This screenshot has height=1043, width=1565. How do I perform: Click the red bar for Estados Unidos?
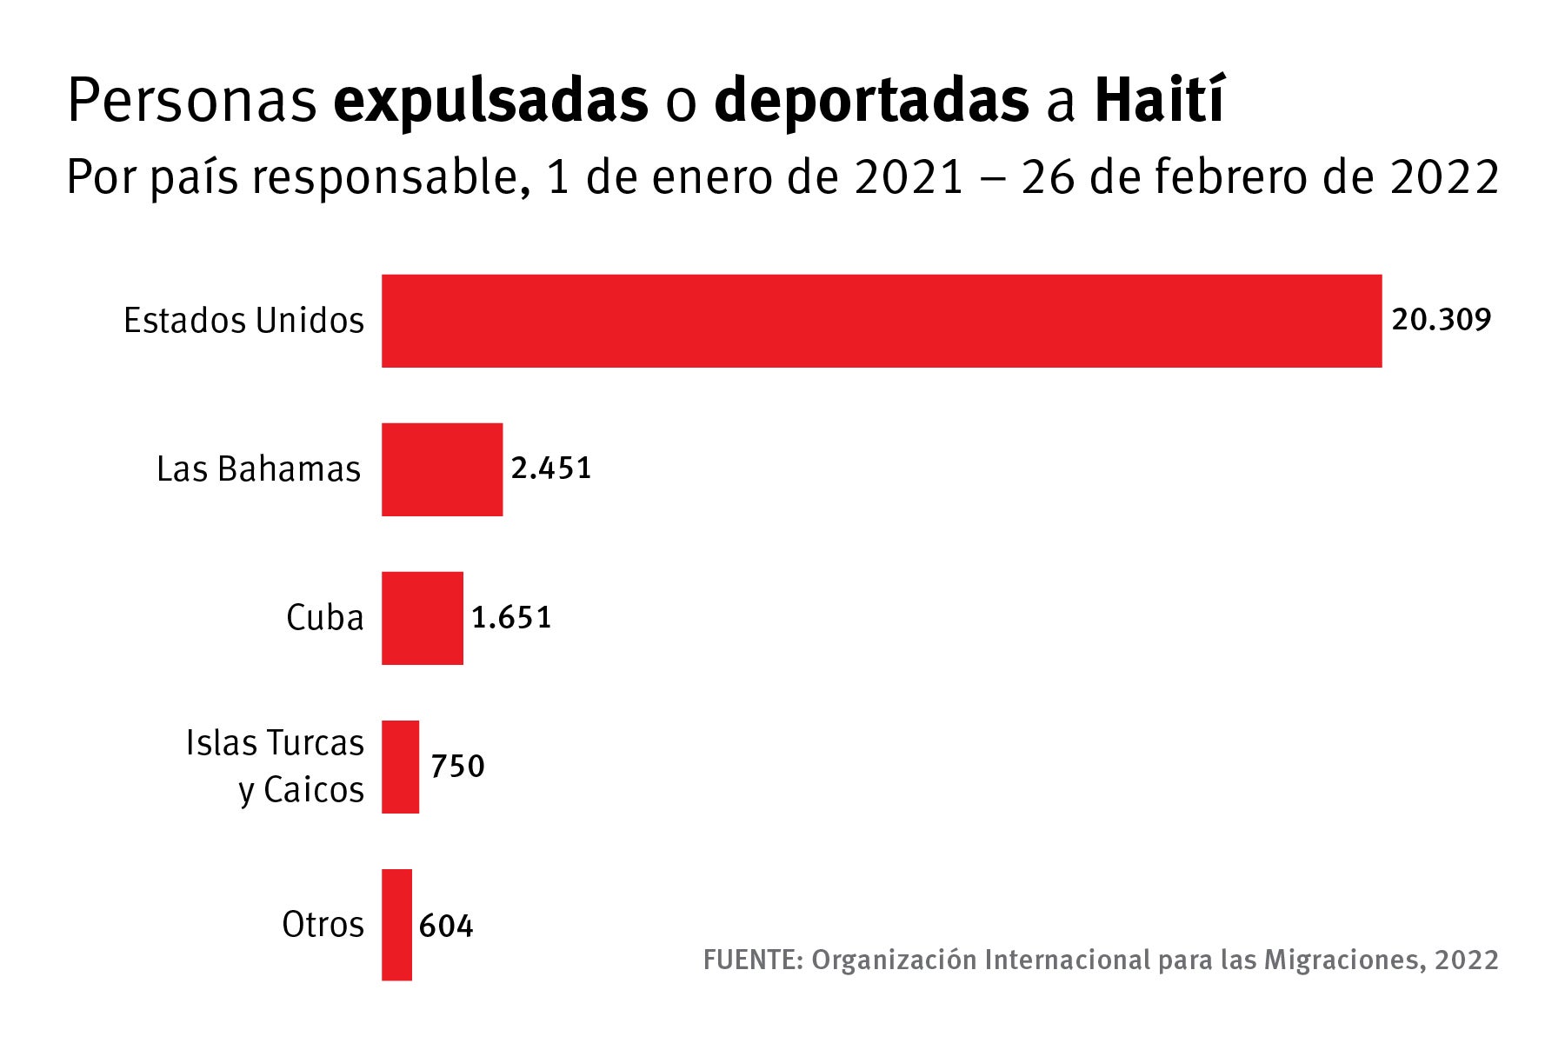881,321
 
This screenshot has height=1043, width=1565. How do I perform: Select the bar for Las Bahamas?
442,469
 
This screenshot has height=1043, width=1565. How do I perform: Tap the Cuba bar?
422,618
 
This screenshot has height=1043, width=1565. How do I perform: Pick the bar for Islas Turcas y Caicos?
400,767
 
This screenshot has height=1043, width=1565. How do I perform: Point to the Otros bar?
396,925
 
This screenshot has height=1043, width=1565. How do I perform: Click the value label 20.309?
1441,320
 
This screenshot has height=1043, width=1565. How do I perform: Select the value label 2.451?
550,468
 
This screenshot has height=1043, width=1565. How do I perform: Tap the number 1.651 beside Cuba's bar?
511,618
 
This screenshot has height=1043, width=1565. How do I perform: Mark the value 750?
457,767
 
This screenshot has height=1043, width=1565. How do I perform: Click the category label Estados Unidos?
243,321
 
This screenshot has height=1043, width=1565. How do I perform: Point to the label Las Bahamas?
258,469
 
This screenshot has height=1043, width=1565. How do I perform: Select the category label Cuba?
324,618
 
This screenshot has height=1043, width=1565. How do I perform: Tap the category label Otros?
323,924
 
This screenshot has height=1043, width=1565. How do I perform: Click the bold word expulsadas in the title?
490,102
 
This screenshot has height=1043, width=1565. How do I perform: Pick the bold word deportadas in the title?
871,102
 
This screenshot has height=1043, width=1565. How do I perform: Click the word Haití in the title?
1159,100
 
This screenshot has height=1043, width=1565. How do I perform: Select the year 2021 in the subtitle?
909,177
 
